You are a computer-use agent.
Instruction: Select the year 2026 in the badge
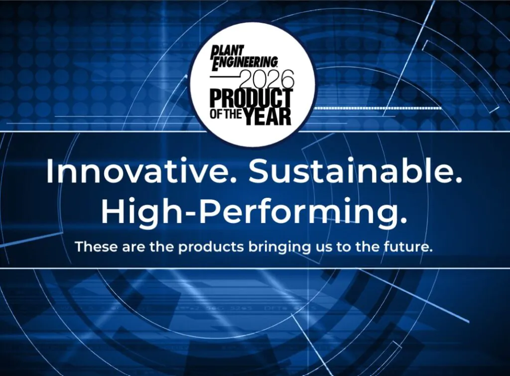point(267,80)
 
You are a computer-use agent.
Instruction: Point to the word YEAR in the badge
point(267,117)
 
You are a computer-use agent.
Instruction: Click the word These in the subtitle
point(96,247)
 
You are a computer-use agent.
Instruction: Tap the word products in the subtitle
point(211,247)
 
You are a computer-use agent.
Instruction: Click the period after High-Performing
point(403,221)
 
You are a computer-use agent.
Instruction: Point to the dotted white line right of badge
point(379,108)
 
